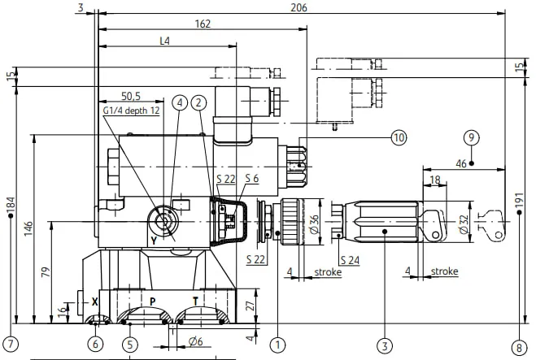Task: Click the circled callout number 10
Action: (x=399, y=137)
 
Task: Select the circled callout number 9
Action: (x=472, y=137)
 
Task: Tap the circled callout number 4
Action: (x=180, y=103)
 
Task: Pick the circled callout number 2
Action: (x=199, y=103)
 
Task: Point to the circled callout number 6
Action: (x=95, y=345)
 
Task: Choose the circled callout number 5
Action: (x=130, y=345)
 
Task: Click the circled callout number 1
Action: (x=277, y=345)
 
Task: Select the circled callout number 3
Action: (x=385, y=345)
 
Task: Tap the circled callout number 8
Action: (x=519, y=348)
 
